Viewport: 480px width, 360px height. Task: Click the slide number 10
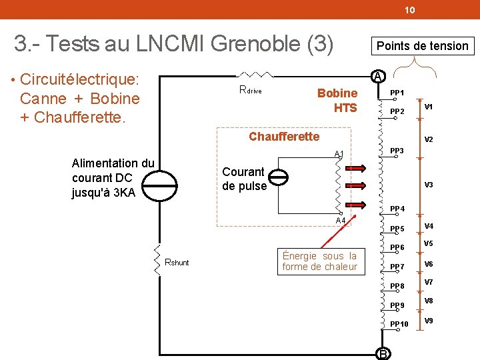pos(409,10)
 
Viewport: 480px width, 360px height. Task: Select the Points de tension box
pos(423,45)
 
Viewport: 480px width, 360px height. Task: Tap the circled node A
pos(377,76)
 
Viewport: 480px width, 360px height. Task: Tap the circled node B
pos(383,353)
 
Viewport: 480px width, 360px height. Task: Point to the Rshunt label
pos(177,262)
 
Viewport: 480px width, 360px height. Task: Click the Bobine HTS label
pos(337,100)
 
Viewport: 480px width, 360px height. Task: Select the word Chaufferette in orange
pos(284,137)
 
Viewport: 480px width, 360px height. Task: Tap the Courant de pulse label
pos(243,179)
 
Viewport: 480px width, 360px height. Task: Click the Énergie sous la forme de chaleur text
pos(319,261)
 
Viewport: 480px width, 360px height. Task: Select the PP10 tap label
pos(399,324)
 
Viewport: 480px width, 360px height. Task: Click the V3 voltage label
pos(429,184)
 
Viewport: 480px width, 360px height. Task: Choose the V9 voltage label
pos(429,321)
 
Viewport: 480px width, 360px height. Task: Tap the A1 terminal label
pos(339,155)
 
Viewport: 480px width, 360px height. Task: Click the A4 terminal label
pos(340,221)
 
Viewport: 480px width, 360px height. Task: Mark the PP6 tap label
pos(397,248)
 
